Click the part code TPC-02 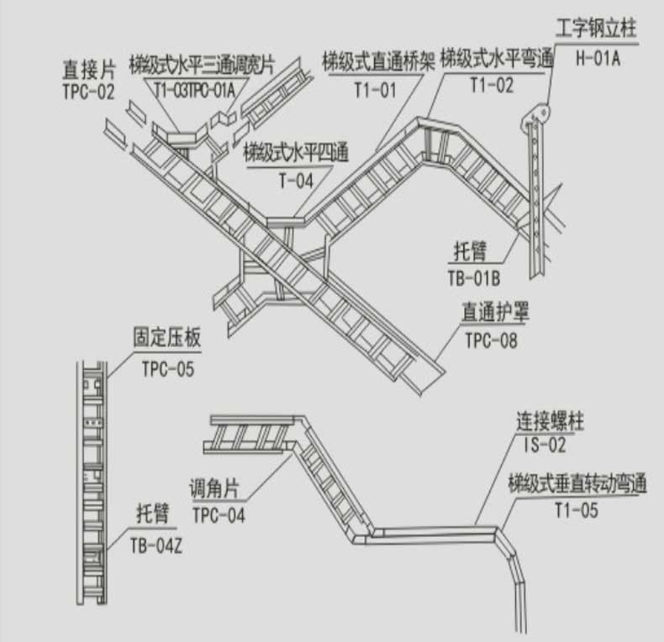[x=88, y=92]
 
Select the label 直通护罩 [x=499, y=313]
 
